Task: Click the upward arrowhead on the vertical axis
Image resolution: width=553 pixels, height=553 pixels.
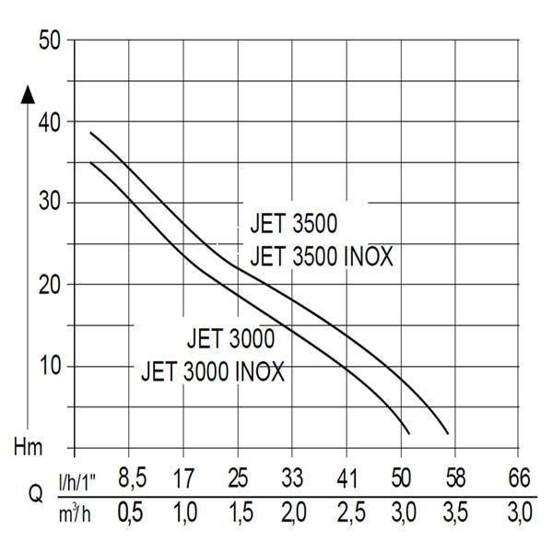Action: (x=28, y=92)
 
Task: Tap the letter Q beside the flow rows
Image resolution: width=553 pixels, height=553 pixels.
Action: (x=35, y=494)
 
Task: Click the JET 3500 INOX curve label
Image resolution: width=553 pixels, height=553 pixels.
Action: (x=322, y=256)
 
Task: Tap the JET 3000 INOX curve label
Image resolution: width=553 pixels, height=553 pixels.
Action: (x=213, y=372)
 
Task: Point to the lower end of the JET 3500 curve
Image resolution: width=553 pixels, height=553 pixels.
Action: (x=448, y=432)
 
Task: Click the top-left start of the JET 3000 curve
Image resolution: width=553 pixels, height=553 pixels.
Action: (x=90, y=162)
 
